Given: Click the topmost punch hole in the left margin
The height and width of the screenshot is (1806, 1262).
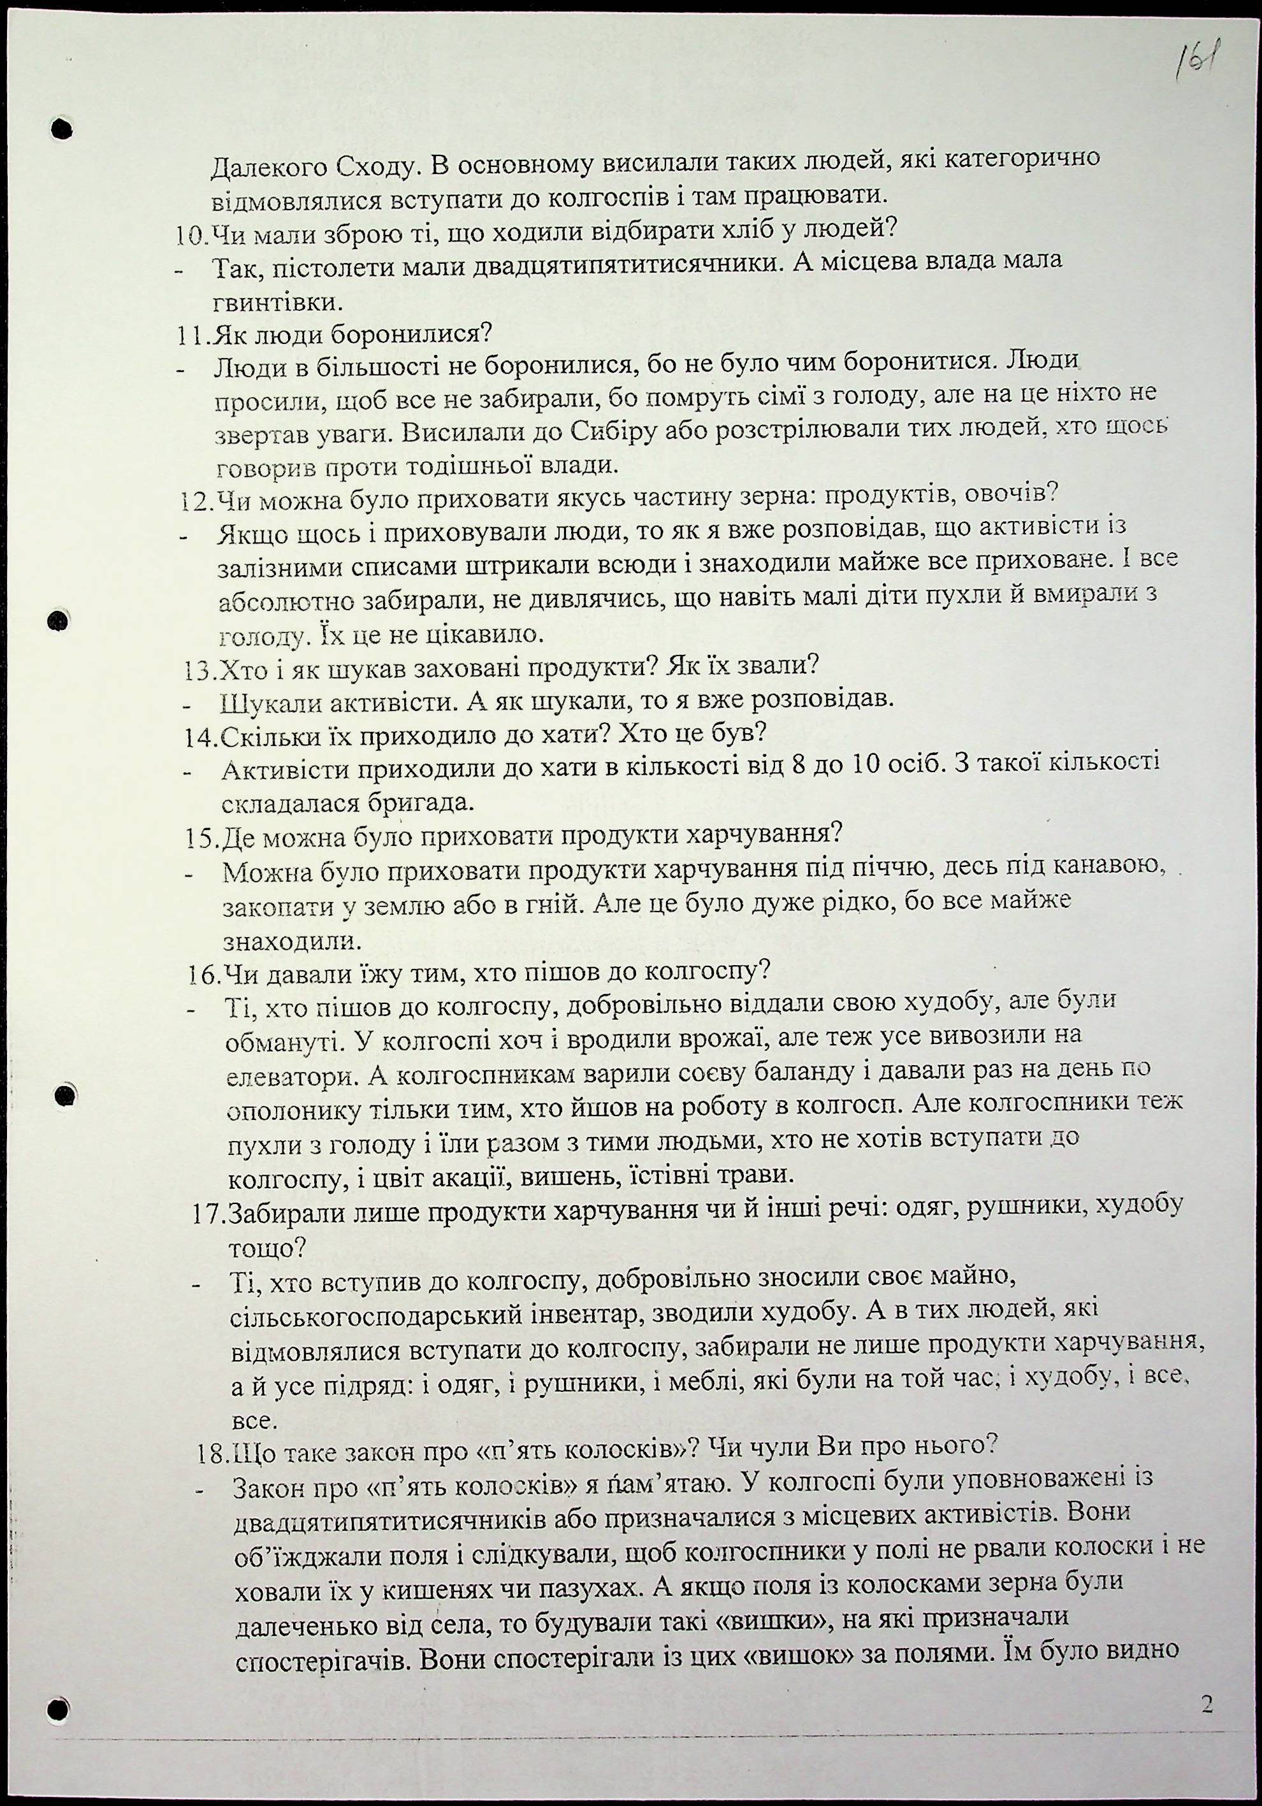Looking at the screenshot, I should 62,128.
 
